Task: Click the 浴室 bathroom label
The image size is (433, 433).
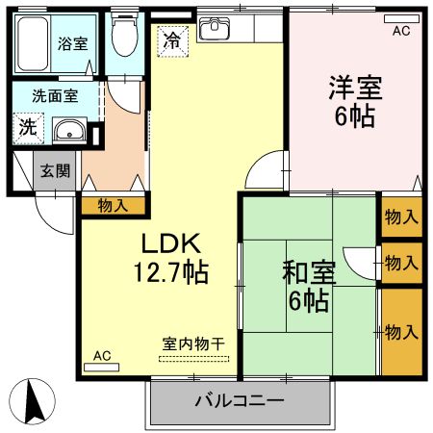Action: (x=72, y=43)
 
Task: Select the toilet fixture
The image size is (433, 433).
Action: (x=122, y=39)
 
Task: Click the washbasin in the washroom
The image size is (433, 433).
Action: (x=69, y=131)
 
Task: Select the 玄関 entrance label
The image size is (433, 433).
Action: (x=54, y=172)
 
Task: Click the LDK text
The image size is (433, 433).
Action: (x=173, y=242)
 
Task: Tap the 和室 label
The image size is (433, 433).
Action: (x=308, y=272)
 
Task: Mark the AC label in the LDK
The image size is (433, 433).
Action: (x=102, y=356)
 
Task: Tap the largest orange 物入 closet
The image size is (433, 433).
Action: (x=401, y=332)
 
